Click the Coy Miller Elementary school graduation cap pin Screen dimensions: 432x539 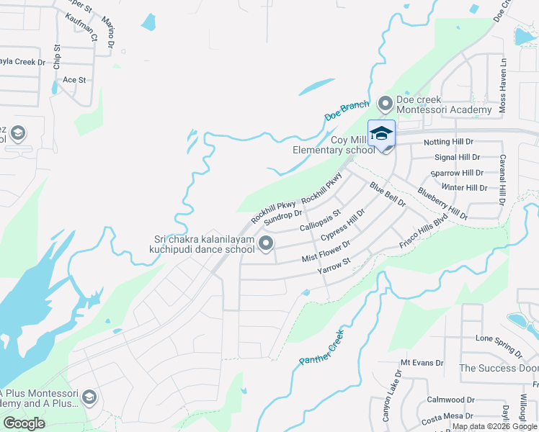[382, 133]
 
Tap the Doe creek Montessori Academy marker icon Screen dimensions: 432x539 [385, 104]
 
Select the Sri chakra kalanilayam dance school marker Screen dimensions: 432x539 [267, 244]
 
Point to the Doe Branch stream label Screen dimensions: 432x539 [347, 110]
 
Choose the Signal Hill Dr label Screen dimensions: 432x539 [457, 157]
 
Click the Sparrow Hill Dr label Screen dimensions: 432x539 [456, 173]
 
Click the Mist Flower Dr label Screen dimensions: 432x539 [326, 251]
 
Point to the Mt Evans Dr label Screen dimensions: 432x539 [422, 363]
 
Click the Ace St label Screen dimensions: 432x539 [74, 79]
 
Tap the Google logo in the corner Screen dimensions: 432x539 [24, 423]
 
